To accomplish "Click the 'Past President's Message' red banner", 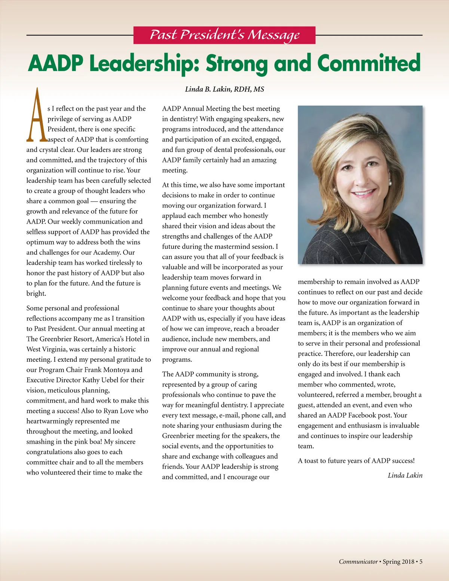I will pyautogui.click(x=224, y=35).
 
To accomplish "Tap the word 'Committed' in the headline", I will pyautogui.click(x=369, y=63).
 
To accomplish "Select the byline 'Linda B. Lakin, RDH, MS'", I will pyautogui.click(x=224, y=89).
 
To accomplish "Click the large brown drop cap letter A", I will pyautogui.click(x=36, y=116).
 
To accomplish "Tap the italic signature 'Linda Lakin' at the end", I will pyautogui.click(x=405, y=475).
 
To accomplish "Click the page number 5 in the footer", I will pyautogui.click(x=421, y=562).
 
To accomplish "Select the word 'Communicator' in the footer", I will pyautogui.click(x=358, y=562).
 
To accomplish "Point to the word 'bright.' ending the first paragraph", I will pyautogui.click(x=36, y=294).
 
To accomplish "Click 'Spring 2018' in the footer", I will pyautogui.click(x=398, y=562).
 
